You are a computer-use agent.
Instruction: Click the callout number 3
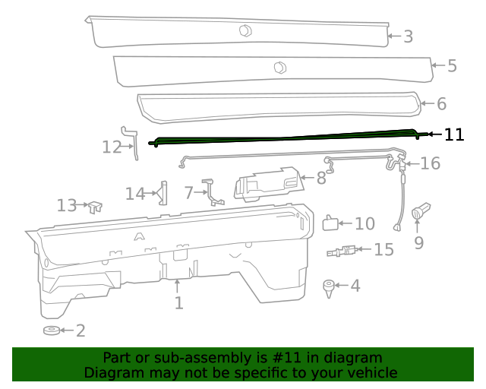coord(408,36)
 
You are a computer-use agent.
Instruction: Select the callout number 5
coord(452,66)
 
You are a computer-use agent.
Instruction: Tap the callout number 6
coord(441,104)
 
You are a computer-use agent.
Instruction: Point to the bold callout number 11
coord(453,134)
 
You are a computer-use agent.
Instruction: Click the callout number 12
coord(112,147)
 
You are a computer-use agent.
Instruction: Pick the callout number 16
coord(430,163)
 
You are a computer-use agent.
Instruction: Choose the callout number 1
coord(178,303)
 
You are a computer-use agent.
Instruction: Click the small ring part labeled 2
coord(52,330)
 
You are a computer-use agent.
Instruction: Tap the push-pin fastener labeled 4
coord(329,287)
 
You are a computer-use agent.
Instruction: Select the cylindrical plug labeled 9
coord(421,213)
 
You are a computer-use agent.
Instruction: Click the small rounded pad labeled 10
coord(331,223)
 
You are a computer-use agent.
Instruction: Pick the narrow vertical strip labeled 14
coord(163,193)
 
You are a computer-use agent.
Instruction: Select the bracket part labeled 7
coord(214,191)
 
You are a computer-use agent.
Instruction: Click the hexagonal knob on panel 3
coord(245,30)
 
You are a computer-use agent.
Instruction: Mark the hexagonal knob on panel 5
coord(279,67)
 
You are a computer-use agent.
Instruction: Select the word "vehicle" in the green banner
coord(369,373)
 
